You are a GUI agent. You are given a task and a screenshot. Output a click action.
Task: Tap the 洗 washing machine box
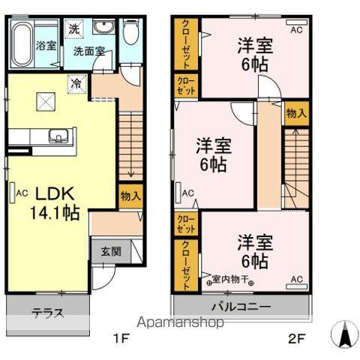75,29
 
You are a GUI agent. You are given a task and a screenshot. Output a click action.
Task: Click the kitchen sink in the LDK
58,136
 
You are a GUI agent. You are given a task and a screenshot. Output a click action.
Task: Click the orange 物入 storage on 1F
131,196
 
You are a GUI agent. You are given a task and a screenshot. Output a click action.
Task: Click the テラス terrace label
46,313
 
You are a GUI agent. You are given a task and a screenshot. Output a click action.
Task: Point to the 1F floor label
121,337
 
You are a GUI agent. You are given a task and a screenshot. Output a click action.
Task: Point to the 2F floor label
298,337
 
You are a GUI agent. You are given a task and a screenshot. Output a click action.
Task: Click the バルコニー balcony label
240,307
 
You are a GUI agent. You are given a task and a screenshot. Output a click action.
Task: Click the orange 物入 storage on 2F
295,114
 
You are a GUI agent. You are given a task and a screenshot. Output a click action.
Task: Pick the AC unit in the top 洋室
295,30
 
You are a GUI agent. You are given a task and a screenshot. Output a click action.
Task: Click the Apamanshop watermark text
179,323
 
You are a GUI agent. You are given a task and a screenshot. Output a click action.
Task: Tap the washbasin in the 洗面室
104,28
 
